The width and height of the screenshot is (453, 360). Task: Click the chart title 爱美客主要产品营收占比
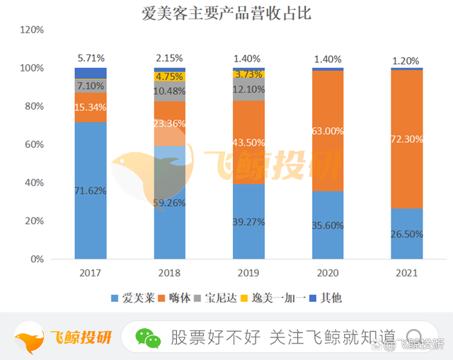click(x=226, y=13)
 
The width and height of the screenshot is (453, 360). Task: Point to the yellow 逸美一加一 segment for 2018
click(x=170, y=76)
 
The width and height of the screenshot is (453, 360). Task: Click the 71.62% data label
click(x=91, y=190)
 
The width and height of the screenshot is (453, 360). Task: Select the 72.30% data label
click(x=407, y=139)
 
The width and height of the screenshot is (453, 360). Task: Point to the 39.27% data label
click(x=249, y=221)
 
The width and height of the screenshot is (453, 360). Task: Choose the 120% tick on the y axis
click(x=32, y=30)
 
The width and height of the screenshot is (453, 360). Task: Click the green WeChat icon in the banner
click(x=149, y=337)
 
